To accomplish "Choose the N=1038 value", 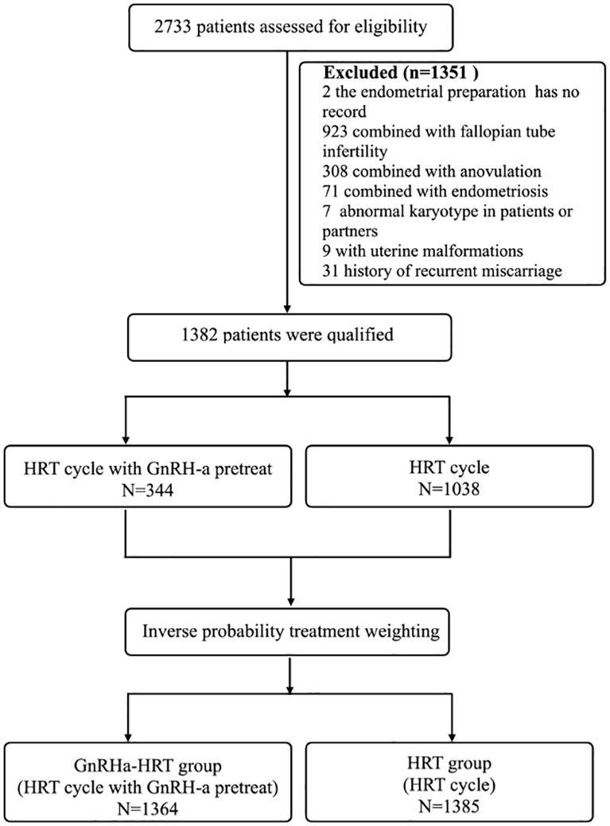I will tap(449, 487).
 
